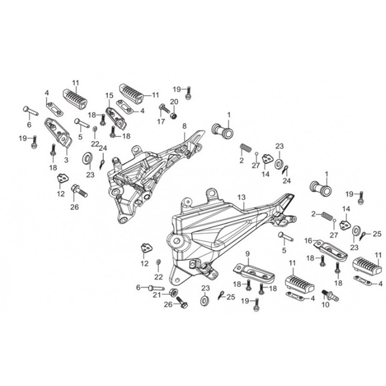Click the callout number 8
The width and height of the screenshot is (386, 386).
pos(184,126)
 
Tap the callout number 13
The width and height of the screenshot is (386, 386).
pos(241,197)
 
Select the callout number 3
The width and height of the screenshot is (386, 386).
pos(66,159)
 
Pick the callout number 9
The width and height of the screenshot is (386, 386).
pos(247,254)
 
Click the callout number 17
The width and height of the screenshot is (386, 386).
pos(161,121)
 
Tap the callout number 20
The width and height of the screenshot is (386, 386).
pos(173,102)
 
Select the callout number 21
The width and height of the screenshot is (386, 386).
pos(156,295)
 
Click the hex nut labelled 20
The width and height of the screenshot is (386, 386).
pos(174,115)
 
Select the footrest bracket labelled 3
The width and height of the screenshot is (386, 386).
pos(58,131)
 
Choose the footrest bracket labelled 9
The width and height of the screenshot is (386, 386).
pos(253,272)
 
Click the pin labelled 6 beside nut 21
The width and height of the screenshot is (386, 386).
pos(154,287)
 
